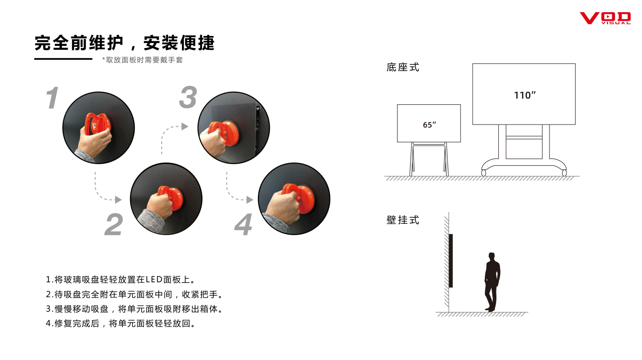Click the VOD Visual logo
pos(605,18)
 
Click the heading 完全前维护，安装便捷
pos(124,43)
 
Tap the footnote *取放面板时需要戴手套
pos(142,60)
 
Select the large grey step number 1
pos(53,98)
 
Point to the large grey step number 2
pos(114,224)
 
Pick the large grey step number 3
pos(188,97)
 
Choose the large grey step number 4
pos(244,224)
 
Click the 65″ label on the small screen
pos(429,124)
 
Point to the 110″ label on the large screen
pos(524,95)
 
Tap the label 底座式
pos(403,67)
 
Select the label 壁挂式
pos(403,220)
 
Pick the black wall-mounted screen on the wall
pos(451,261)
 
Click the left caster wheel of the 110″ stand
pos(483,173)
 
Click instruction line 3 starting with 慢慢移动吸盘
pos(134,309)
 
